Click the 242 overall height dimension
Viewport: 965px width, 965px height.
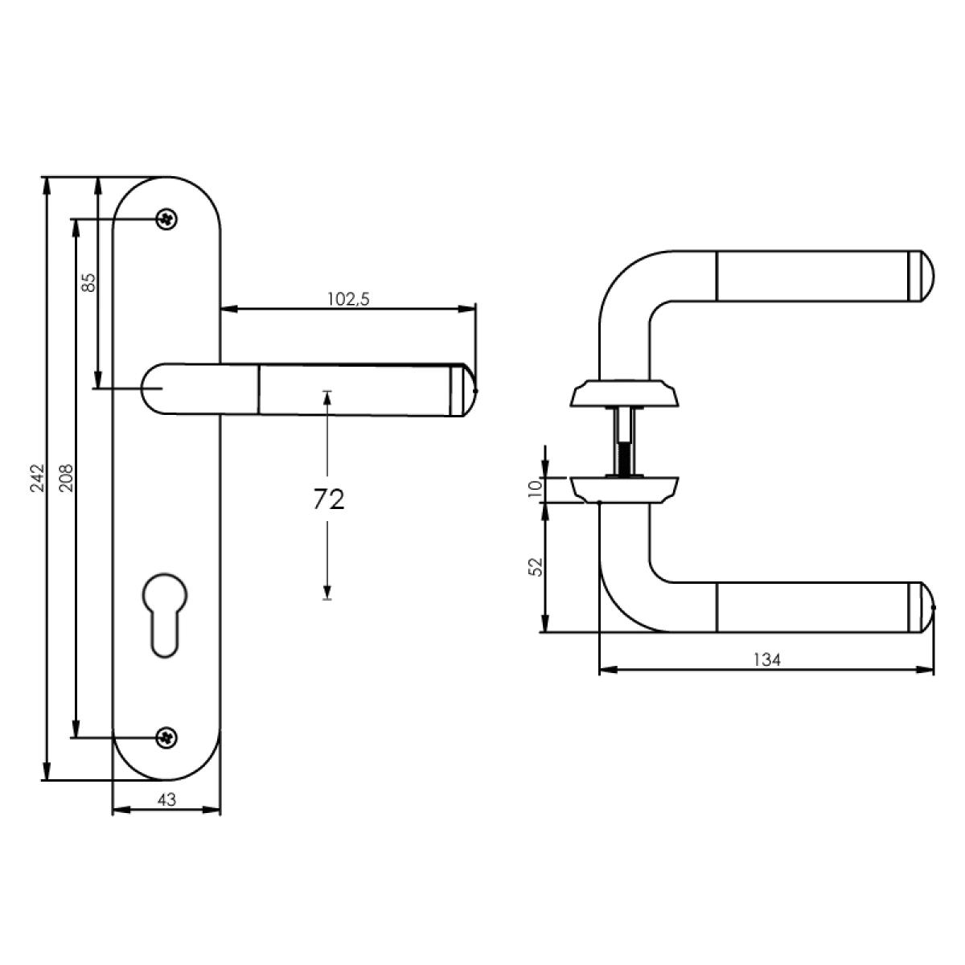tap(38, 478)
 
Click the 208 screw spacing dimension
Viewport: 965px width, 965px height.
tap(67, 478)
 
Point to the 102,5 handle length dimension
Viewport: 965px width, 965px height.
tap(348, 299)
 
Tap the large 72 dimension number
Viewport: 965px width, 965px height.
tap(329, 499)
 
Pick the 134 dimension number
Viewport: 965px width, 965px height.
tap(767, 660)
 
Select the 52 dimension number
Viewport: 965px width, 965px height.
tap(536, 566)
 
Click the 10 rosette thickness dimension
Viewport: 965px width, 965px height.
tap(535, 488)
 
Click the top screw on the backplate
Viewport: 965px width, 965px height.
tap(166, 219)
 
